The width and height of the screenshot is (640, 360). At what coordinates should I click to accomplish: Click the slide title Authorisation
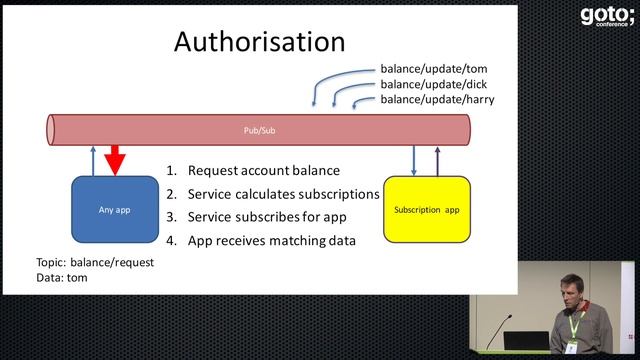coord(259,41)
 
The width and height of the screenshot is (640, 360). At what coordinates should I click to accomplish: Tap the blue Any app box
coord(115,210)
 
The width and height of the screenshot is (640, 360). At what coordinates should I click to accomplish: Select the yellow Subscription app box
coord(426,210)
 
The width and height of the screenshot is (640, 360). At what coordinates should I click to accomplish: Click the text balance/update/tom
coord(433,69)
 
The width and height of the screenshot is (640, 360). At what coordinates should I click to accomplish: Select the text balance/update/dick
coord(434,84)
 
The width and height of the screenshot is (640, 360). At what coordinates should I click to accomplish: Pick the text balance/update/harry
coord(437,99)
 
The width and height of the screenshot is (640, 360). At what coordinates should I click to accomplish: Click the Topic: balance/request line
coord(94,262)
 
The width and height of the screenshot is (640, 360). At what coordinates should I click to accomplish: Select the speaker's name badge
coord(571,347)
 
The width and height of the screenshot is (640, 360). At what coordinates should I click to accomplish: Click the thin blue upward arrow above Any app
coord(92,159)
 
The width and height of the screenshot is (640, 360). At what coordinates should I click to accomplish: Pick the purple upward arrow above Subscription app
coord(437,159)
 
